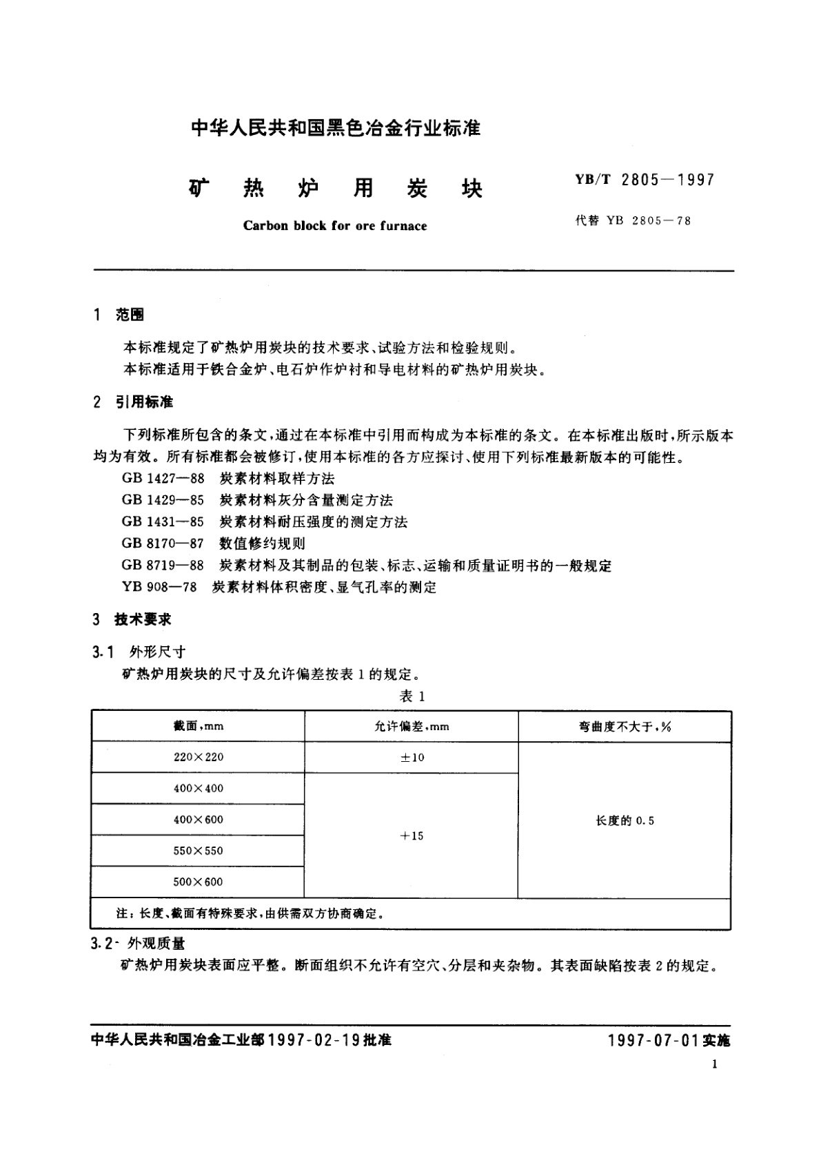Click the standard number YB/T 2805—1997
tap(645, 180)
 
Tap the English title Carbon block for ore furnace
tap(335, 226)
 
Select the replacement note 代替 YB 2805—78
tap(633, 221)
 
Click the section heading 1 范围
tap(119, 315)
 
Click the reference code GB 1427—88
tap(163, 479)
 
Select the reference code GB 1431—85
tap(163, 522)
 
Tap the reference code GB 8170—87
tap(163, 543)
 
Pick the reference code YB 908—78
tap(159, 588)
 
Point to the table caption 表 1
tap(412, 696)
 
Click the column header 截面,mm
tap(199, 726)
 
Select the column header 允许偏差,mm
tap(412, 726)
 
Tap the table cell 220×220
tap(199, 757)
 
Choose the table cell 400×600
tap(199, 820)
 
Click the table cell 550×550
tap(199, 851)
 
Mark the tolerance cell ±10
tap(412, 758)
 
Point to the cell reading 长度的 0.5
tap(625, 820)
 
